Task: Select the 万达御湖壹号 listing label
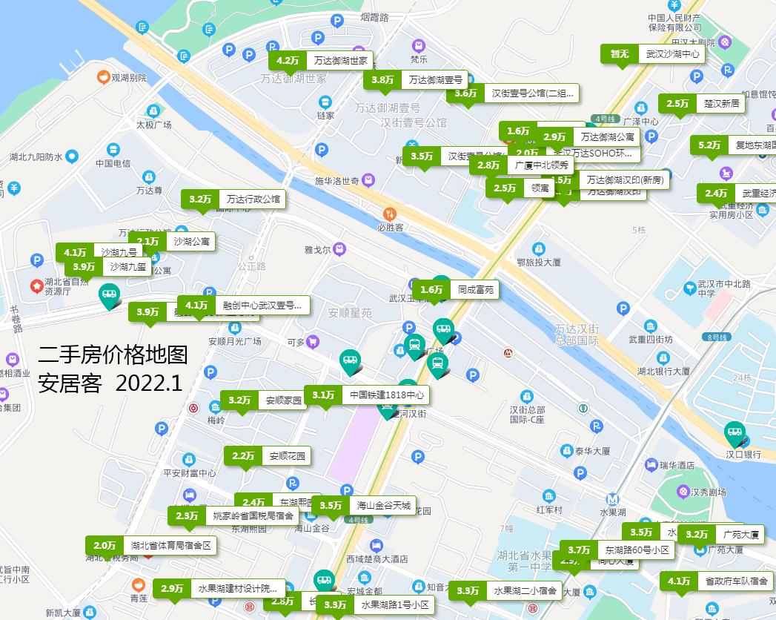point(435,80)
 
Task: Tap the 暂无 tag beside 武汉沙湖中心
point(619,54)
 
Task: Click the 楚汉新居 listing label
point(721,104)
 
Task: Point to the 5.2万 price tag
point(709,145)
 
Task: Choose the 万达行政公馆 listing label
point(253,199)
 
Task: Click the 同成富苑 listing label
point(475,290)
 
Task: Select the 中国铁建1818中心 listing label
point(387,395)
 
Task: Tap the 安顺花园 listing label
point(287,456)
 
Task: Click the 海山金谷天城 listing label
point(382,506)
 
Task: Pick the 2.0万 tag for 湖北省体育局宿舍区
point(105,546)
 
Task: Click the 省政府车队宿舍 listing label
point(736,581)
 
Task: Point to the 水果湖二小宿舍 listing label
point(525,591)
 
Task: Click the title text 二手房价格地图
point(113,354)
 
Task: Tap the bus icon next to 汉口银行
point(734,433)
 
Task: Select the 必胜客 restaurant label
point(389,228)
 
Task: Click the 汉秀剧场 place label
point(707,492)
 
